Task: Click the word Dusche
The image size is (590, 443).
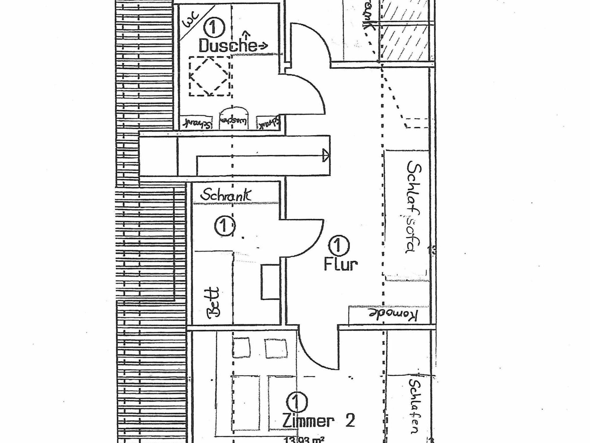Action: coord(227,45)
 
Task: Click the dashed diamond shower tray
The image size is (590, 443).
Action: coord(209,76)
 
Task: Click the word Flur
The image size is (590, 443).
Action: coord(341,264)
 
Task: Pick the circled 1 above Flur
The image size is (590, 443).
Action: coord(339,245)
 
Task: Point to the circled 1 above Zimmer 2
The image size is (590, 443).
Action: coord(297,402)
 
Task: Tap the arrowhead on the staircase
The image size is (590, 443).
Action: coord(326,156)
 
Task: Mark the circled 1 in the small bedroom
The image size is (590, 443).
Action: coord(224,227)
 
